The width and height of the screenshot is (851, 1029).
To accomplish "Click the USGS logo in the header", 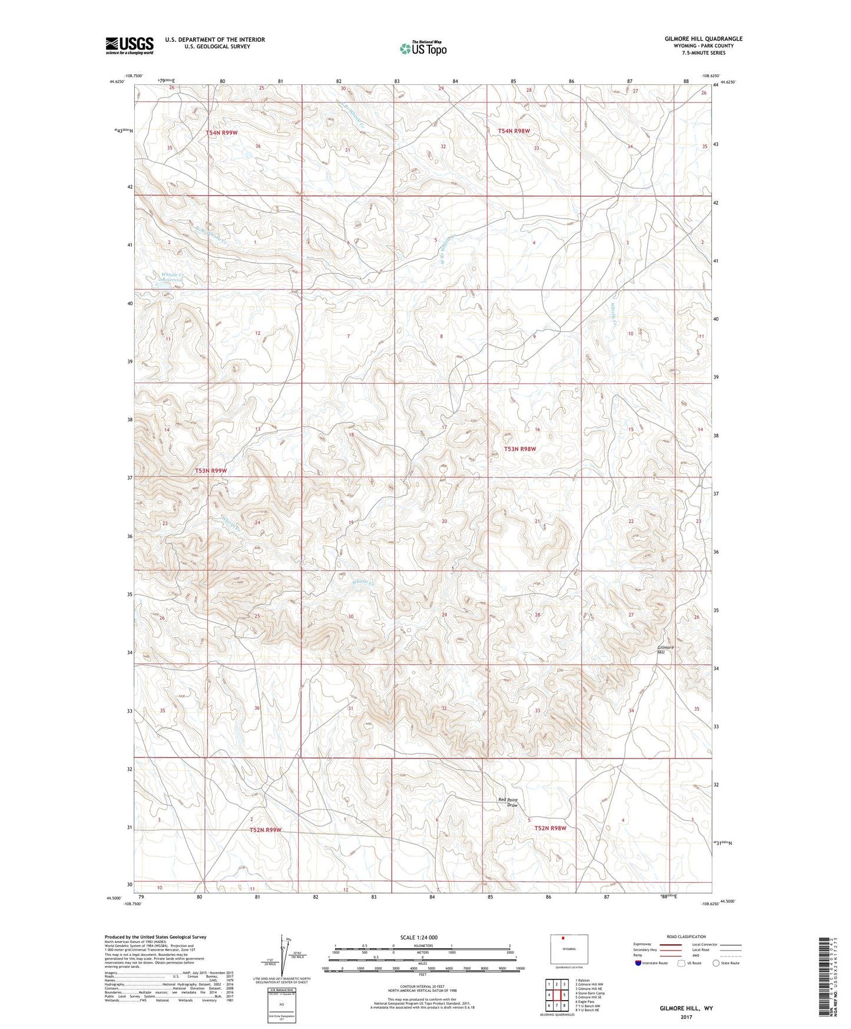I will click(x=130, y=45).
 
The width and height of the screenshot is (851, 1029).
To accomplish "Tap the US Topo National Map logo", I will click(x=423, y=48).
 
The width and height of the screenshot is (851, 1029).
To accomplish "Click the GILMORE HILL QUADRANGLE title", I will click(x=703, y=39).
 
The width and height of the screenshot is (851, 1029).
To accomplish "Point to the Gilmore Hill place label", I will click(x=665, y=649).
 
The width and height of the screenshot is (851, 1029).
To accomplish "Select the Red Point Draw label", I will click(x=508, y=802).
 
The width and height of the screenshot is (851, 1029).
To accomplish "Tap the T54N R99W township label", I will click(x=221, y=133).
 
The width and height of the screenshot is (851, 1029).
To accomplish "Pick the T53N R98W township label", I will click(x=520, y=448).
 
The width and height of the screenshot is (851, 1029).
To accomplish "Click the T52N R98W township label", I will click(x=550, y=828).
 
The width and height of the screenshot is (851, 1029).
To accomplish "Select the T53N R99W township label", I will click(x=211, y=470).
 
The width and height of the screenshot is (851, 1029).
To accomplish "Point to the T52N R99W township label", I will click(x=266, y=830).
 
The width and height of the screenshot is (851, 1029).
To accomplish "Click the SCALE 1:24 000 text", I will click(x=419, y=937).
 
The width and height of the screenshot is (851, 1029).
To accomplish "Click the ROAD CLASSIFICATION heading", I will click(x=686, y=936).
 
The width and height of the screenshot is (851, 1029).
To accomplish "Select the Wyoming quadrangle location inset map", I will click(x=568, y=949).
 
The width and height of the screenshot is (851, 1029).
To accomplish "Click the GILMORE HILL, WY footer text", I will click(x=686, y=1008).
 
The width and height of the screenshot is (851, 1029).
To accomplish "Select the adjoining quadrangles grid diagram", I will click(x=557, y=996).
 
